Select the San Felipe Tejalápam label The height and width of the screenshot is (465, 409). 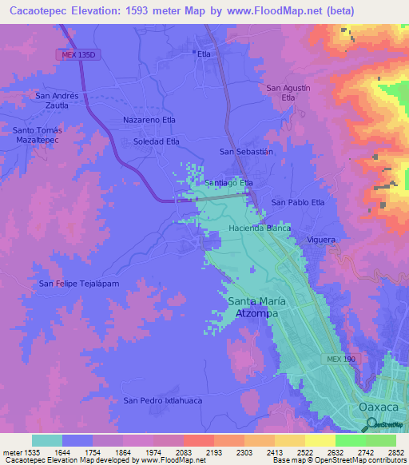pyautogui.click(x=79, y=284)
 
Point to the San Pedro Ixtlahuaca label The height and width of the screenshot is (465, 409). pyautogui.click(x=160, y=399)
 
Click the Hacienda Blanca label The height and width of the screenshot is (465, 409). pyautogui.click(x=259, y=228)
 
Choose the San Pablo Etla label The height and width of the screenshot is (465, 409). pyautogui.click(x=298, y=202)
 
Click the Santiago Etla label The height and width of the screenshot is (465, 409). pyautogui.click(x=229, y=183)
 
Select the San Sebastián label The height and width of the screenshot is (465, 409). pyautogui.click(x=246, y=151)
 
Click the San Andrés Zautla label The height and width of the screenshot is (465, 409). pyautogui.click(x=58, y=100)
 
